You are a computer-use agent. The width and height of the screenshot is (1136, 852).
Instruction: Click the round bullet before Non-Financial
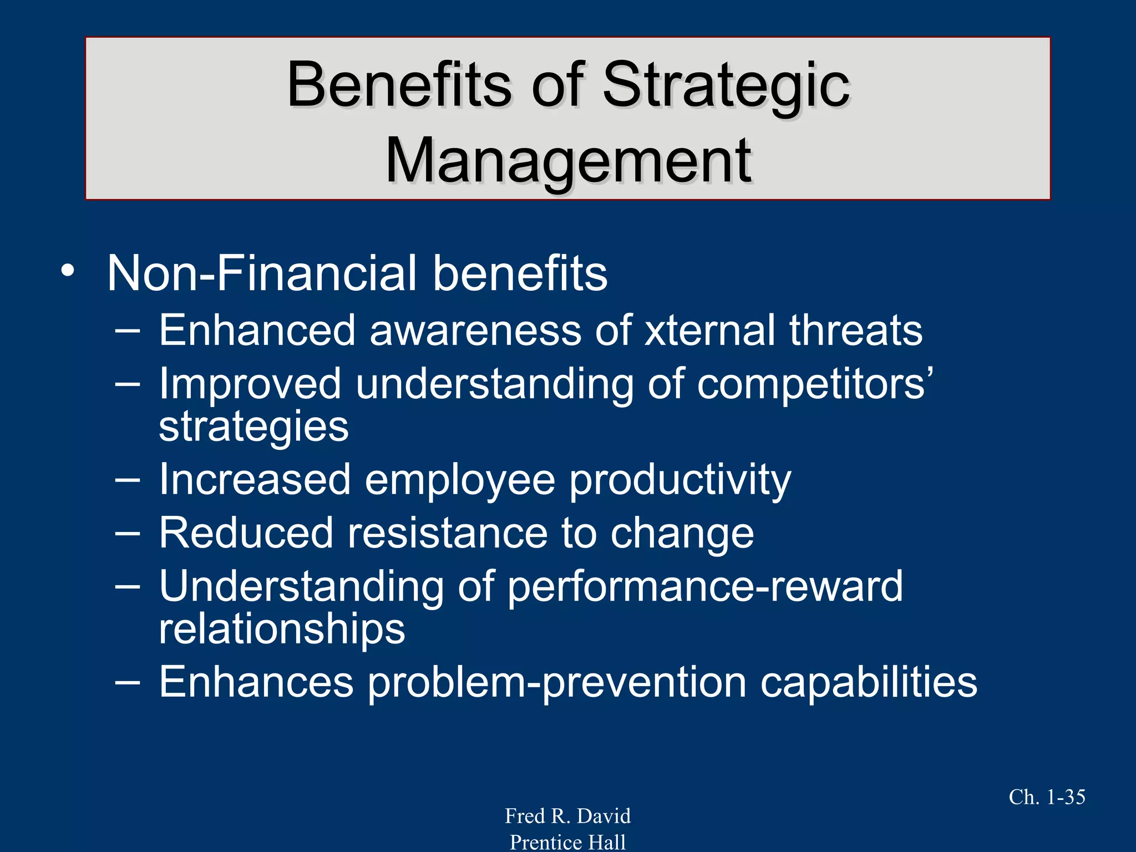tap(68, 272)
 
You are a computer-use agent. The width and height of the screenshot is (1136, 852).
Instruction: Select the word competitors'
tap(815, 384)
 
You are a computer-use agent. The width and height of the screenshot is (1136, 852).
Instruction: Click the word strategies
tap(254, 427)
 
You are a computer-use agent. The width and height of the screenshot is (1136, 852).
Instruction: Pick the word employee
tap(460, 480)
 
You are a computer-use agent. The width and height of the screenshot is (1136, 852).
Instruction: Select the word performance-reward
tap(705, 587)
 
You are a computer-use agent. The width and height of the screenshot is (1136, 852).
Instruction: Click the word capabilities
tap(868, 683)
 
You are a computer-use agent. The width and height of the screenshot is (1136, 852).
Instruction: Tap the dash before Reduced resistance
tap(128, 534)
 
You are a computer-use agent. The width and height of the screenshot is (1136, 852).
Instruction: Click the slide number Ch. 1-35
tap(1047, 797)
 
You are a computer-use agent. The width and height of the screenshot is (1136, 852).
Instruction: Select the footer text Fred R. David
tap(567, 816)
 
